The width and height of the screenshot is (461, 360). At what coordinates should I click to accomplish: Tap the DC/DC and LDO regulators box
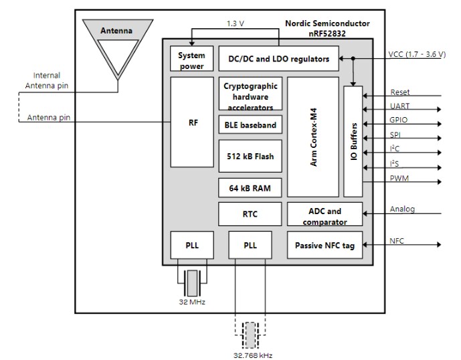(x=278, y=59)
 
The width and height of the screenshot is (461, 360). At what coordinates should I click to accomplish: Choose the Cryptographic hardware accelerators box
(x=250, y=94)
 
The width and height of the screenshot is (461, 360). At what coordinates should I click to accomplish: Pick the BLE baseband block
(x=250, y=125)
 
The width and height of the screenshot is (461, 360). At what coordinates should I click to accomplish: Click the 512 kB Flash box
(x=250, y=157)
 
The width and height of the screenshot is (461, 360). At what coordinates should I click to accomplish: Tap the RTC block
(x=250, y=214)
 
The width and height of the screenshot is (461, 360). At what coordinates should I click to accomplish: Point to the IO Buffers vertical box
(x=353, y=141)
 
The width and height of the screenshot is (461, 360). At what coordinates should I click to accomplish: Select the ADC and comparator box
(x=325, y=214)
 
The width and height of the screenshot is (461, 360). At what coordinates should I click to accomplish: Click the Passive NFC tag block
(x=325, y=246)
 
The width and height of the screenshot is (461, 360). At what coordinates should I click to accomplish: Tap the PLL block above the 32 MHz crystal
(x=191, y=246)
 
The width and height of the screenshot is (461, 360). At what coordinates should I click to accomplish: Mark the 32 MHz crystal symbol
(x=192, y=283)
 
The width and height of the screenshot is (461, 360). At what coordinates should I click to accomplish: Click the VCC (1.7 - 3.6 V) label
(x=416, y=54)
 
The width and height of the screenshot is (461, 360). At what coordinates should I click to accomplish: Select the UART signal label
(x=399, y=106)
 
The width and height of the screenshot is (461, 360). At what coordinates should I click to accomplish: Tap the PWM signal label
(x=399, y=178)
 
